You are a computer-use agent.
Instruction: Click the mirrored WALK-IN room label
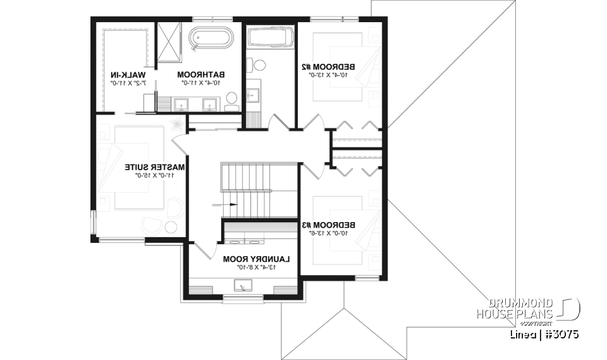[129, 74]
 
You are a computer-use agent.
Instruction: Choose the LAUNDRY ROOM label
[256, 259]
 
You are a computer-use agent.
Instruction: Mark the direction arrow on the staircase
[226, 204]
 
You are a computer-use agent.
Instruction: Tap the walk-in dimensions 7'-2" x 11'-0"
[129, 82]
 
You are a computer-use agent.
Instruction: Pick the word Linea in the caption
[520, 333]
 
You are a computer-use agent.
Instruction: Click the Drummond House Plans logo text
[515, 308]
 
